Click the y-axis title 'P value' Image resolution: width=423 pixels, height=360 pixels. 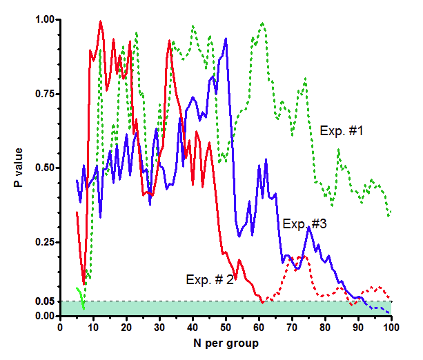point(19,168)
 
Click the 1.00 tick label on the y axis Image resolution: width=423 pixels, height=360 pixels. point(43,20)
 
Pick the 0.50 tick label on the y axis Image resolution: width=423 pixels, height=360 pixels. point(43,168)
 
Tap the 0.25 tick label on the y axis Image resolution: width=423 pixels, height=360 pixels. point(43,242)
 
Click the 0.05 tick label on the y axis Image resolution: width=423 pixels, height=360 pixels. point(43,301)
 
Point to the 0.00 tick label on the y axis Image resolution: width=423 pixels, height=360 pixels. point(43,316)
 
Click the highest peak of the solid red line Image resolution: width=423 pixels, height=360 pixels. point(100,21)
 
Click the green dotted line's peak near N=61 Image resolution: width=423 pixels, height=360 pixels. point(262,23)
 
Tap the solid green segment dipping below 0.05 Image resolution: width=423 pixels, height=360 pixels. point(81,299)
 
